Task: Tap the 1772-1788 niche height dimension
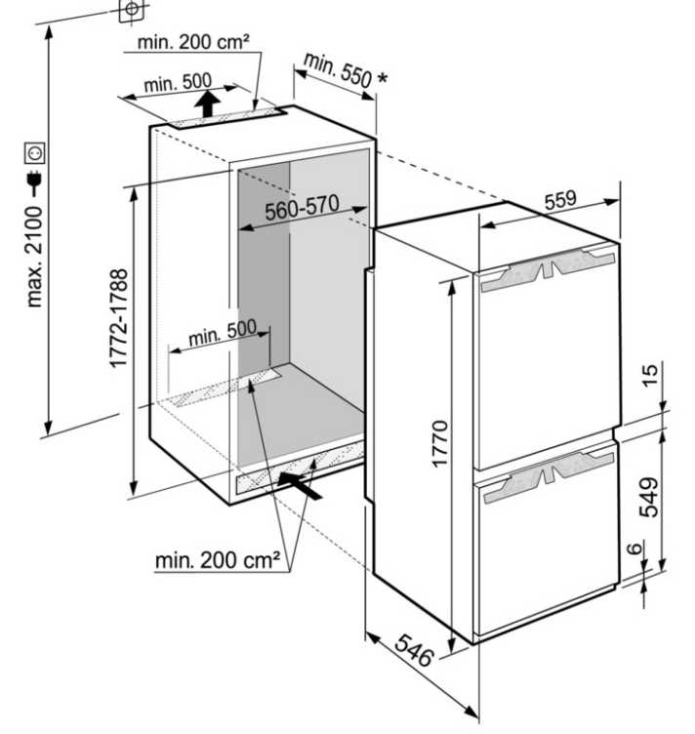tap(118, 319)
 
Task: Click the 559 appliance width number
tap(560, 199)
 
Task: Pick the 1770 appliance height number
tap(440, 444)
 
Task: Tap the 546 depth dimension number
tap(413, 650)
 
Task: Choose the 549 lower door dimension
tap(649, 497)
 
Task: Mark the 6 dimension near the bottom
tap(634, 549)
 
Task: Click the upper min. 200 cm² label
tap(193, 42)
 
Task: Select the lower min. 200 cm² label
tap(218, 560)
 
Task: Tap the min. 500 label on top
tap(178, 83)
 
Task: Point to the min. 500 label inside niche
tap(223, 332)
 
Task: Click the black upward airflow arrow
tap(208, 103)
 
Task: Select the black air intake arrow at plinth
tap(300, 485)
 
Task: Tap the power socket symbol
tap(35, 153)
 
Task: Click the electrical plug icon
tap(34, 183)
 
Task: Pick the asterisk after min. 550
tap(383, 78)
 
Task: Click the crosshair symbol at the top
tap(132, 9)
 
